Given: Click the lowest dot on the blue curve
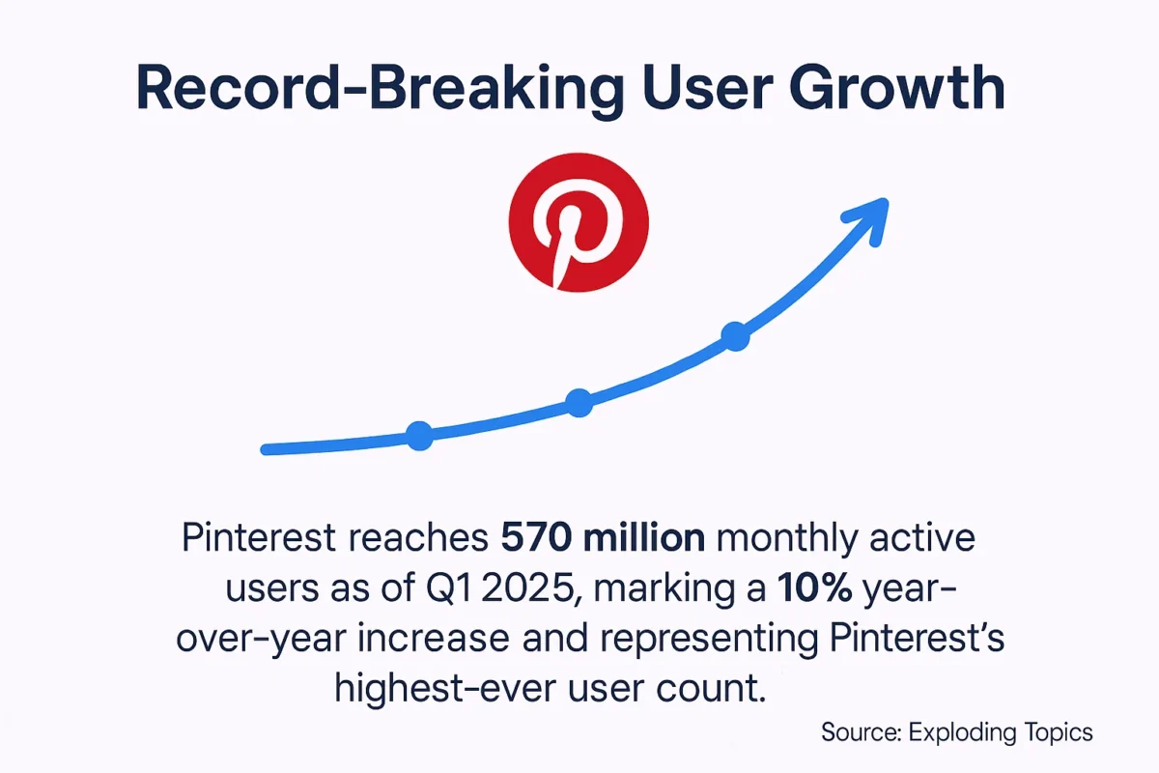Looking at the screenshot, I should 419,436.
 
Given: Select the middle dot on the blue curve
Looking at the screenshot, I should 579,402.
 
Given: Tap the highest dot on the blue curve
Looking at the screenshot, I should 735,336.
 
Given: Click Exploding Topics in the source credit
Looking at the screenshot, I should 1001,731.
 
